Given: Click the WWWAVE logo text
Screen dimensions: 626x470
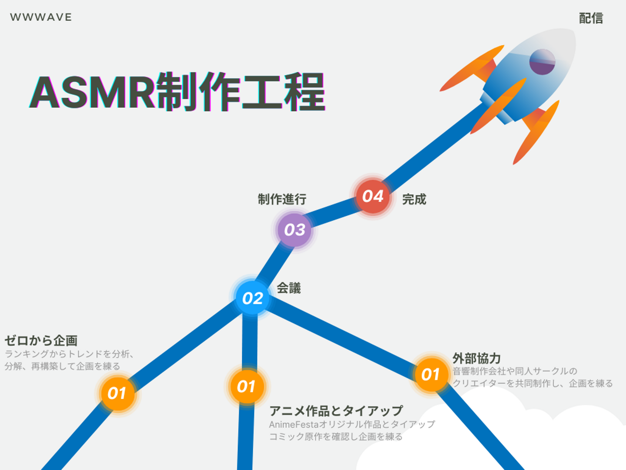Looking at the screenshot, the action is (41, 17).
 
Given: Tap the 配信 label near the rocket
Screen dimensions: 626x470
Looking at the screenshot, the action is (591, 18).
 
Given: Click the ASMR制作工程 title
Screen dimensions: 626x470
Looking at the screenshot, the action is (177, 92).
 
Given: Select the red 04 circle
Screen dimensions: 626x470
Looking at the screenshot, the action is (373, 196).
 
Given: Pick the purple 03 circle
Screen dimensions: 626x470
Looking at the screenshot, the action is (295, 230).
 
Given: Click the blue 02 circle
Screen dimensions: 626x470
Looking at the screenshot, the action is (253, 298).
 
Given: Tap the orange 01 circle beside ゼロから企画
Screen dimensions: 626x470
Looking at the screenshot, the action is (117, 393).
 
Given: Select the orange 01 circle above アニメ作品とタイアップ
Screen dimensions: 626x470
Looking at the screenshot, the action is (246, 387).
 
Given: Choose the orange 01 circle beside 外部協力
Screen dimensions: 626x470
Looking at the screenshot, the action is (431, 374).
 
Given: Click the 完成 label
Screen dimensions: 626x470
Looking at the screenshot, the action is (414, 199).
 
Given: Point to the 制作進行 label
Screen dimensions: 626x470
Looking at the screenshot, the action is (282, 199).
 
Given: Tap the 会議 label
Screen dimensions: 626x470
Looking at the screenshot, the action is (289, 288).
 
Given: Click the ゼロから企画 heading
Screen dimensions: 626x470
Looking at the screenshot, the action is (41, 340).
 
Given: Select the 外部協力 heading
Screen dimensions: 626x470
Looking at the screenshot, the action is (477, 358).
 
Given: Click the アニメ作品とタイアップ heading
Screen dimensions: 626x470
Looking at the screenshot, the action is (336, 411).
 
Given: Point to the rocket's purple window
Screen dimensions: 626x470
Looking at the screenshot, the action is (542, 62).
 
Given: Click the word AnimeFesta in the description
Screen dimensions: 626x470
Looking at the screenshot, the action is (294, 425).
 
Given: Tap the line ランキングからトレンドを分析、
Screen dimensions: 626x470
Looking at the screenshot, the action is (69, 354).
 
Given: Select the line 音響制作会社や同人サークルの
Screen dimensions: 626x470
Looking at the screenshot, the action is (515, 371).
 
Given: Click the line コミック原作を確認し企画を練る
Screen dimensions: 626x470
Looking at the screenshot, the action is (336, 436).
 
